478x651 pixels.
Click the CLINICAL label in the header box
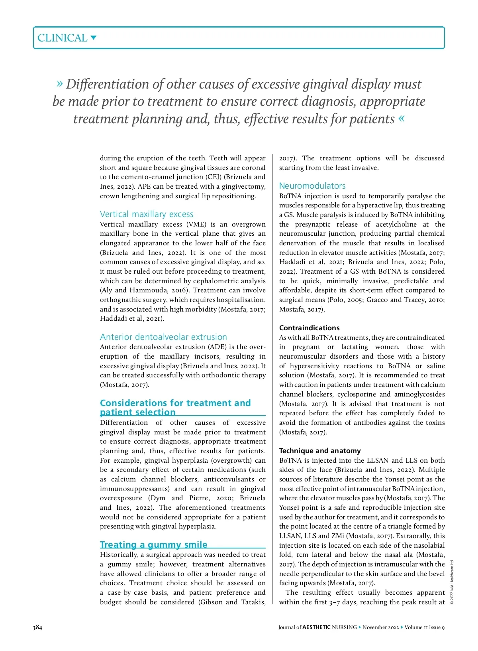pyautogui.click(x=62, y=38)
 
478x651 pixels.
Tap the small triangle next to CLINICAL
pyautogui.click(x=94, y=38)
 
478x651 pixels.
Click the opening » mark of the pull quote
pyautogui.click(x=60, y=83)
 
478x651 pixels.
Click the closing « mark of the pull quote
pyautogui.click(x=401, y=118)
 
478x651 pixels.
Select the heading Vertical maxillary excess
pyautogui.click(x=147, y=214)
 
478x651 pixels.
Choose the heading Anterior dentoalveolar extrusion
pyautogui.click(x=163, y=337)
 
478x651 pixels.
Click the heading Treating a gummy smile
pyautogui.click(x=153, y=544)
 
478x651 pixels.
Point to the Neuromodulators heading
pyautogui.click(x=312, y=186)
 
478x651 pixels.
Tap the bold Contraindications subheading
pyautogui.click(x=309, y=328)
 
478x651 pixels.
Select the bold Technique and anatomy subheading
pyautogui.click(x=320, y=451)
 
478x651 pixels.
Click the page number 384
pyautogui.click(x=37, y=627)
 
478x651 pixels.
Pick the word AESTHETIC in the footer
pyautogui.click(x=316, y=627)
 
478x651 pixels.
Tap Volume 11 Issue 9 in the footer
pyautogui.click(x=425, y=627)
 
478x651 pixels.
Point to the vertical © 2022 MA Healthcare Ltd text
pyautogui.click(x=452, y=582)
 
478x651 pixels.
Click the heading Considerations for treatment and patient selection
pyautogui.click(x=175, y=407)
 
